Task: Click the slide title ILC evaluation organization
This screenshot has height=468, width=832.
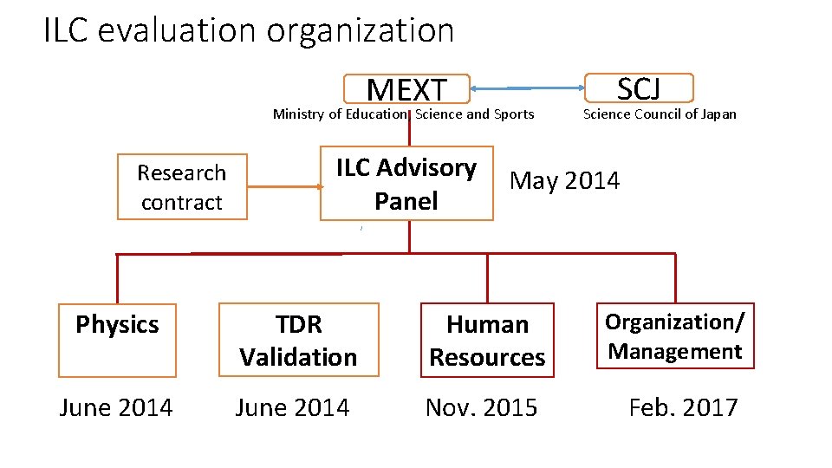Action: click(249, 31)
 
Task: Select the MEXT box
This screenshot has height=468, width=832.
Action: click(406, 88)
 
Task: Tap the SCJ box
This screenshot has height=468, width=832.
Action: click(639, 88)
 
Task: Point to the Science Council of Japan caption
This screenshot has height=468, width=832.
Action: click(660, 114)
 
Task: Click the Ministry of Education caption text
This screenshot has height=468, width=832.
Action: click(339, 114)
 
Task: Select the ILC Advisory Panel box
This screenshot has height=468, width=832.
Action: click(406, 184)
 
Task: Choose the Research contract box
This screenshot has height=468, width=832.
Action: click(182, 187)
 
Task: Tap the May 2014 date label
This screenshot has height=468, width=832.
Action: click(565, 181)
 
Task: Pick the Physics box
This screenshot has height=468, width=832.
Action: click(117, 340)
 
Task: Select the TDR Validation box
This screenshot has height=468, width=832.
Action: click(299, 340)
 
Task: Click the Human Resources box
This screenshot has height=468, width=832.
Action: click(487, 340)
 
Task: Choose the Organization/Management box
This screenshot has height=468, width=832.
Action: click(675, 336)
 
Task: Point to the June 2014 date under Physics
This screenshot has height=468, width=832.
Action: click(116, 407)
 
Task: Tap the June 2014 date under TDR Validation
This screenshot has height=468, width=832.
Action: click(293, 407)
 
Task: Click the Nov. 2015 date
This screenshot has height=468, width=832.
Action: click(481, 407)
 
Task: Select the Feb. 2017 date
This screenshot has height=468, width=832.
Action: click(683, 407)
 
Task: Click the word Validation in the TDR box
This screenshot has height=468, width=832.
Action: click(299, 356)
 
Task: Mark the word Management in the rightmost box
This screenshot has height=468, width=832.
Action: click(675, 351)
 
